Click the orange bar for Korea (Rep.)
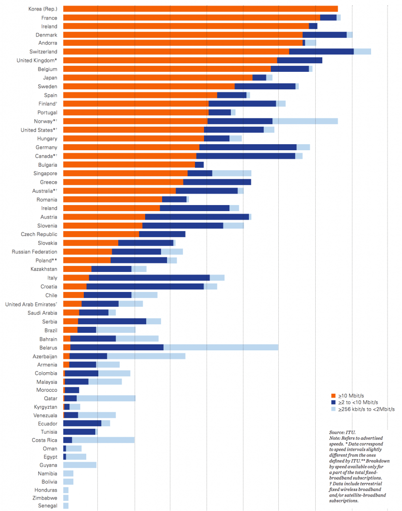[200, 9]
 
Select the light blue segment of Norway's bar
[305, 121]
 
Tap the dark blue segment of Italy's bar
[149, 277]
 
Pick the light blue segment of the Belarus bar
[220, 347]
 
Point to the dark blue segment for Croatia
[145, 286]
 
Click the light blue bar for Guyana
[80, 465]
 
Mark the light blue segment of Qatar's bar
[106, 398]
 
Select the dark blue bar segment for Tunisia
[79, 432]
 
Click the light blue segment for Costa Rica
[103, 440]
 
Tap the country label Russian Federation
[34, 252]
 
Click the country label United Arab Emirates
[30, 304]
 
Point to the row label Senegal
[47, 506]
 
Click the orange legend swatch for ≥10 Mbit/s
[333, 396]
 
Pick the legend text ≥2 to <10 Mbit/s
[358, 402]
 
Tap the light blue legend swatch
[333, 409]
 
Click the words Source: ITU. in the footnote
[342, 432]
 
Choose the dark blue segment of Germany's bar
[248, 147]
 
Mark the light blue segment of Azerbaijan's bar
[146, 356]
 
